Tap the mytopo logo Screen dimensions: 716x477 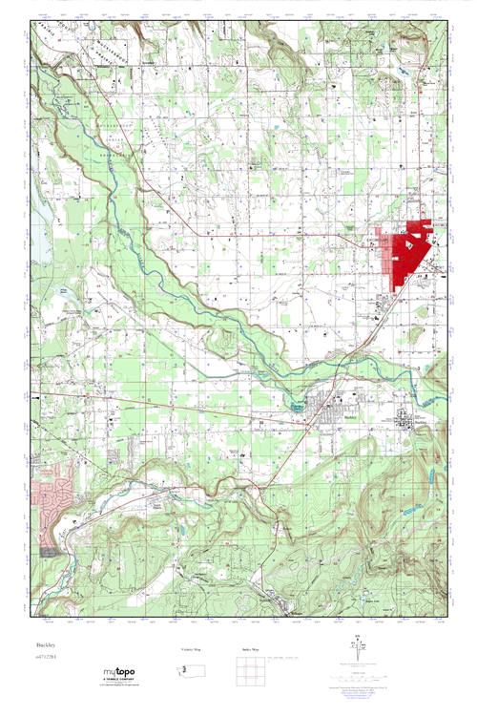pyautogui.click(x=120, y=672)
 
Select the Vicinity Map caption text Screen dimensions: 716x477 pyautogui.click(x=195, y=649)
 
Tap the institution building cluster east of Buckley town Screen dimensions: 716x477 pyautogui.click(x=405, y=420)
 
